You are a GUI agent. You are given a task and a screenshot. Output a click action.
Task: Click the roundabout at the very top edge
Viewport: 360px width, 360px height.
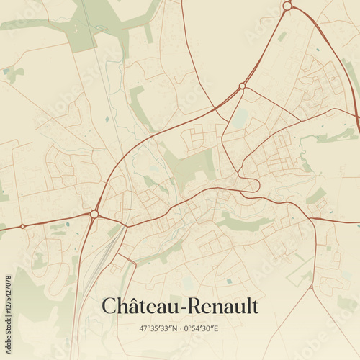click(x=287, y=6)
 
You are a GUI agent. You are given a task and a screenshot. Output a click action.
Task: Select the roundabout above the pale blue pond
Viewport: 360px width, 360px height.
click(x=242, y=86)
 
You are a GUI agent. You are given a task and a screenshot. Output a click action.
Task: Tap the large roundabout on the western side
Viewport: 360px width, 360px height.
click(x=94, y=214)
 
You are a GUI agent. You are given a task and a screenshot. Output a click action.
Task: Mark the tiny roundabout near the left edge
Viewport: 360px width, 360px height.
click(x=22, y=226)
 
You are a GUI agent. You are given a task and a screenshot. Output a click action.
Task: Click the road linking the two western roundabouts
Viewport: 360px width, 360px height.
click(x=58, y=220)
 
